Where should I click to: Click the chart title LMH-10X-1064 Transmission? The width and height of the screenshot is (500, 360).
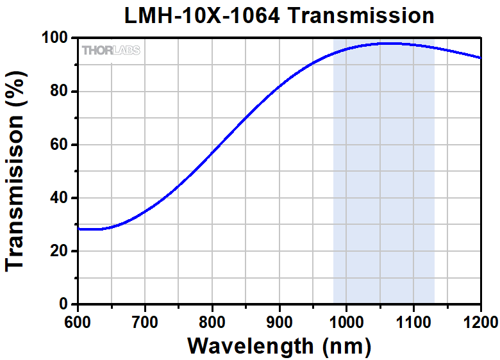pyautogui.click(x=279, y=15)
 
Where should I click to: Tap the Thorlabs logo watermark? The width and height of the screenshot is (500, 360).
pyautogui.click(x=110, y=50)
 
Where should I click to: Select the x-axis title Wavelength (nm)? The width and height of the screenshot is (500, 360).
pyautogui.click(x=279, y=346)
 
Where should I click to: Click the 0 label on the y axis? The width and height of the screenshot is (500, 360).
pyautogui.click(x=64, y=304)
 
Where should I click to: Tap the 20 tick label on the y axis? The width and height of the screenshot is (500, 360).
pyautogui.click(x=60, y=250)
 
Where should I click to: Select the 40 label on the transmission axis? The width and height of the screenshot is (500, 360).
pyautogui.click(x=60, y=197)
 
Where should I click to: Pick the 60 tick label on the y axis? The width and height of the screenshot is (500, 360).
pyautogui.click(x=60, y=144)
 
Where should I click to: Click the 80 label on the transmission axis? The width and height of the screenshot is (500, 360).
pyautogui.click(x=60, y=91)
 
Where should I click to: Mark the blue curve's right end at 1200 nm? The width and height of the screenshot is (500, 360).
pyautogui.click(x=480, y=58)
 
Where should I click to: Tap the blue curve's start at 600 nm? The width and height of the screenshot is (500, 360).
pyautogui.click(x=79, y=228)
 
